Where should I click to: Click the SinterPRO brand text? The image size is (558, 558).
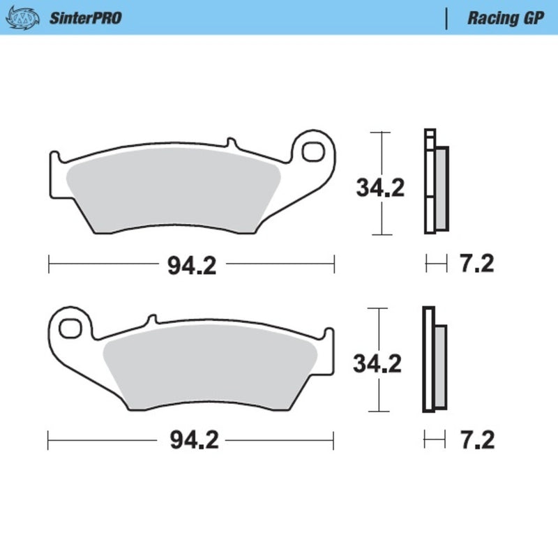point(85,18)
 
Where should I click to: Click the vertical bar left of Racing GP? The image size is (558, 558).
point(446,18)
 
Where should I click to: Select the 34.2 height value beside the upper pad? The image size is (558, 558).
point(380,188)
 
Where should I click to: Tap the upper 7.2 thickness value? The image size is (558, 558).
point(477,265)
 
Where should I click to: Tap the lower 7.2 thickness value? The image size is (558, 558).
point(477,441)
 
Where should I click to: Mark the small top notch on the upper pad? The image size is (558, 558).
point(231,144)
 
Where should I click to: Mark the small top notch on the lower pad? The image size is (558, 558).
point(150,320)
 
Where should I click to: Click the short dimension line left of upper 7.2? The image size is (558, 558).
point(436,264)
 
